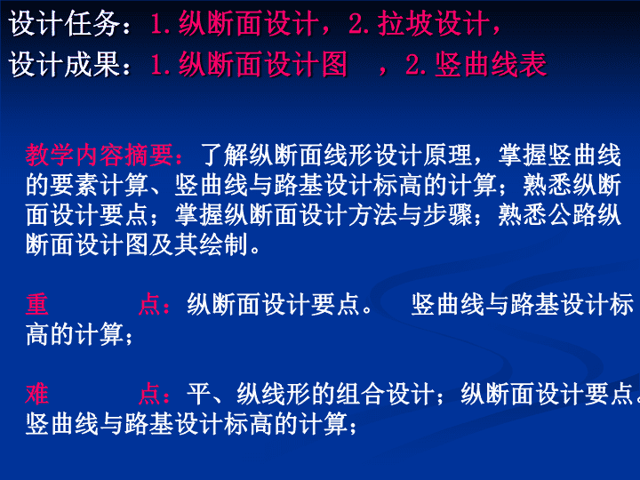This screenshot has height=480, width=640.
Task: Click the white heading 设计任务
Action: (65, 23)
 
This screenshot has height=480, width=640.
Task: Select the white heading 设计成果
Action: (65, 64)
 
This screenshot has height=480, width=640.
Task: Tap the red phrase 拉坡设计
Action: (433, 23)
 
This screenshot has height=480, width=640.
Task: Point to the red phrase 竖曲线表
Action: (491, 64)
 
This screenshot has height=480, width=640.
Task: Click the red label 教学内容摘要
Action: (100, 155)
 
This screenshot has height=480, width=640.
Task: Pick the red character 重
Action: (37, 304)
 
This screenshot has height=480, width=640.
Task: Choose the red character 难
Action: (37, 394)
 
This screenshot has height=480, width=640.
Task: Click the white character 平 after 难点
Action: (199, 394)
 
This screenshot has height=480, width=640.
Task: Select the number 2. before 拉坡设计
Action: (359, 23)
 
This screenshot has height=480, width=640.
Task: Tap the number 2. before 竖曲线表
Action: (416, 64)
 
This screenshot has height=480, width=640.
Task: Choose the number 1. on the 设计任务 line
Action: (161, 23)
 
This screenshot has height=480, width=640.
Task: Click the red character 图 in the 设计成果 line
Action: (334, 64)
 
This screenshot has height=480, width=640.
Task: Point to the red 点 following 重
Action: (149, 304)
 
